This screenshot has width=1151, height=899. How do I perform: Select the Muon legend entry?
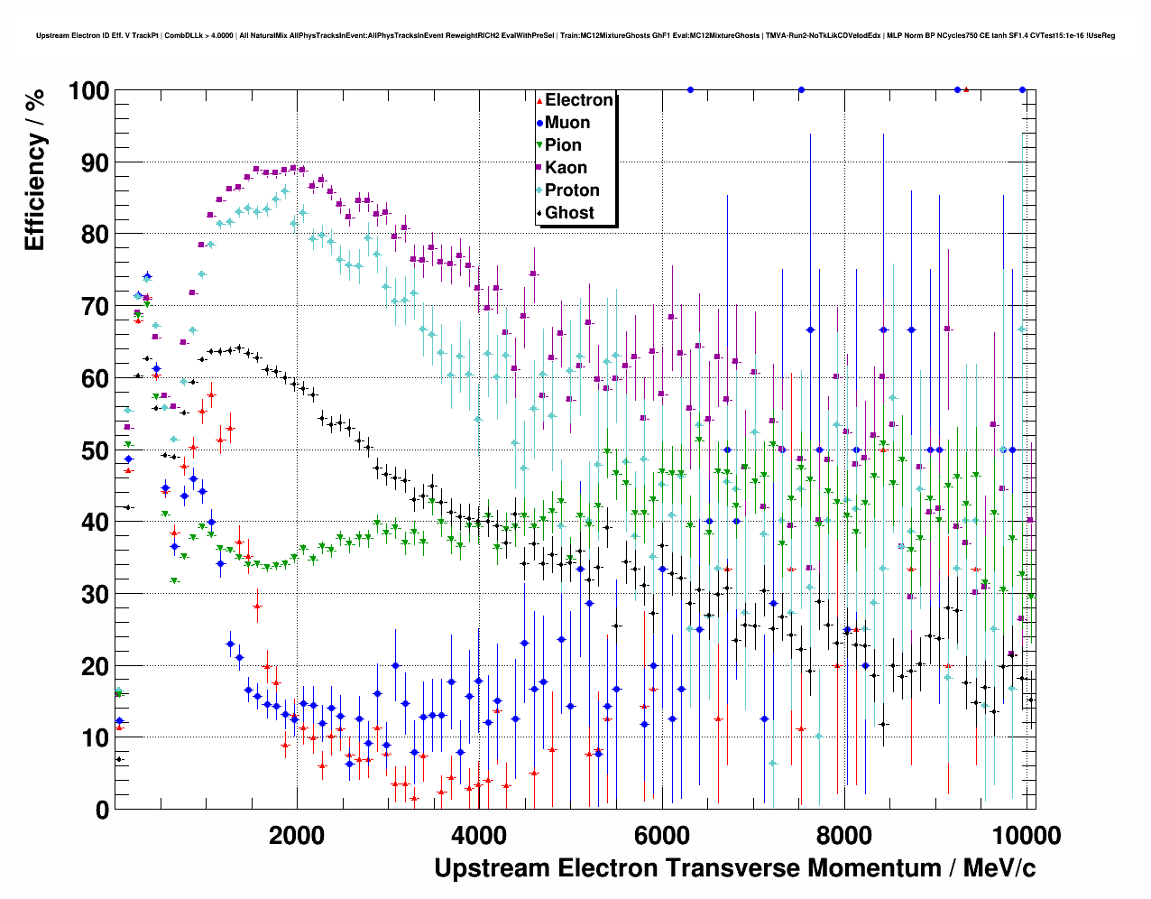(566, 123)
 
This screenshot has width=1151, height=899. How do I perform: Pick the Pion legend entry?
(563, 145)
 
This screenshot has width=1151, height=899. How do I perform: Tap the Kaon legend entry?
(566, 168)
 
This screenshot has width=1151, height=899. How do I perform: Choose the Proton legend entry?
(572, 190)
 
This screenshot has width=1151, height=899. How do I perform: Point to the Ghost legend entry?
(569, 213)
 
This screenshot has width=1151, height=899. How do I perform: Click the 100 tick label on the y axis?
(88, 91)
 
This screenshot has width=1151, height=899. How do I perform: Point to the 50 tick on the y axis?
(95, 450)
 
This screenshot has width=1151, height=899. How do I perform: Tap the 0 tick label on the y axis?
(101, 810)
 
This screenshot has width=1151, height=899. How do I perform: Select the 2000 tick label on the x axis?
(297, 835)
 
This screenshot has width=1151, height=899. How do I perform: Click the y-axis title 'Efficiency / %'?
(34, 169)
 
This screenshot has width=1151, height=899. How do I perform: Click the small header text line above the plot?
(575, 36)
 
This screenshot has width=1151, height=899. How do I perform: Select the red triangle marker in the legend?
(539, 100)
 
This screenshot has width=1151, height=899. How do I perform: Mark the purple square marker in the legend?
(539, 168)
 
